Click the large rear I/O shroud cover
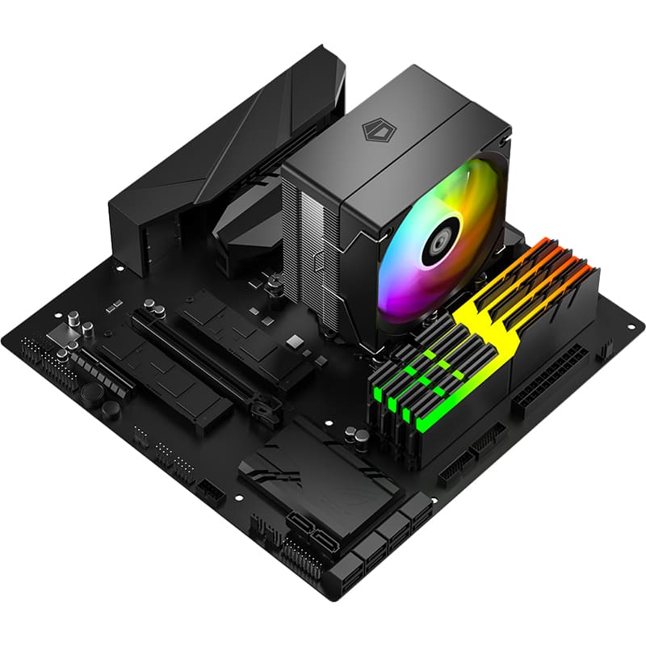click(x=218, y=161)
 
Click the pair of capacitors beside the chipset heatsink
click(x=356, y=437)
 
